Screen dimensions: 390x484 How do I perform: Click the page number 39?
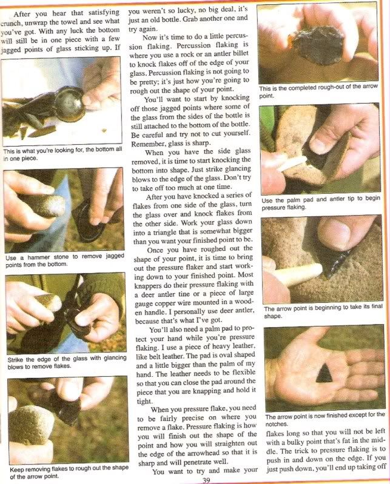coord(206,480)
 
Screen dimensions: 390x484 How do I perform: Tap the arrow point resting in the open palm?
coord(324,373)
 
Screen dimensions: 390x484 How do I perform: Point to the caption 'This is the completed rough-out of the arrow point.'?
coord(318,91)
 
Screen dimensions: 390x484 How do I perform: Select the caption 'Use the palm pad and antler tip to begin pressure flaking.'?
coord(320,203)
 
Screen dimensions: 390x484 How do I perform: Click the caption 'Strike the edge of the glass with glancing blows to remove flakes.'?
coord(67,362)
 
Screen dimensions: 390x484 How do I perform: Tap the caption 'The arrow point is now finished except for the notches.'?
coord(325,419)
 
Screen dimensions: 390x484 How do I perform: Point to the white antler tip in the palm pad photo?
coord(292,164)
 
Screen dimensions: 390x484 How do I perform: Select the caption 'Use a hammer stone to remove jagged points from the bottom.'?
coord(65,260)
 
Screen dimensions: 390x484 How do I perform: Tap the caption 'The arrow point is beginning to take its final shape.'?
coord(323,311)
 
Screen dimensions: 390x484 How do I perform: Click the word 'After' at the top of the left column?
coord(22,14)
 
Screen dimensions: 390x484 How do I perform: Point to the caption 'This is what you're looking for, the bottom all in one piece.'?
coord(62,154)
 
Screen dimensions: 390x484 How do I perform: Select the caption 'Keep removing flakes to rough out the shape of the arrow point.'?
coord(69,472)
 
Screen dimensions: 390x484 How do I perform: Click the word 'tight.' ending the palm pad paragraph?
coord(145,401)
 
